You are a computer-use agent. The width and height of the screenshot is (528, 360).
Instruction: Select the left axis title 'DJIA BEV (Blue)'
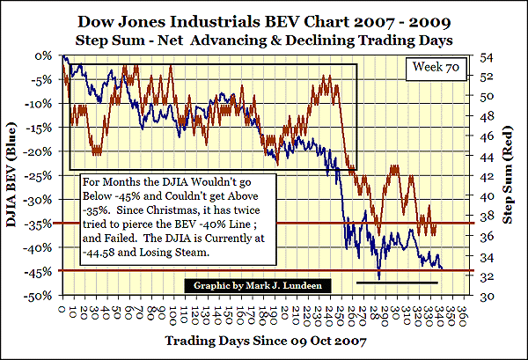click(x=15, y=176)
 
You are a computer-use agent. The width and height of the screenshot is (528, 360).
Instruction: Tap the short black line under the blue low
click(x=397, y=283)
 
